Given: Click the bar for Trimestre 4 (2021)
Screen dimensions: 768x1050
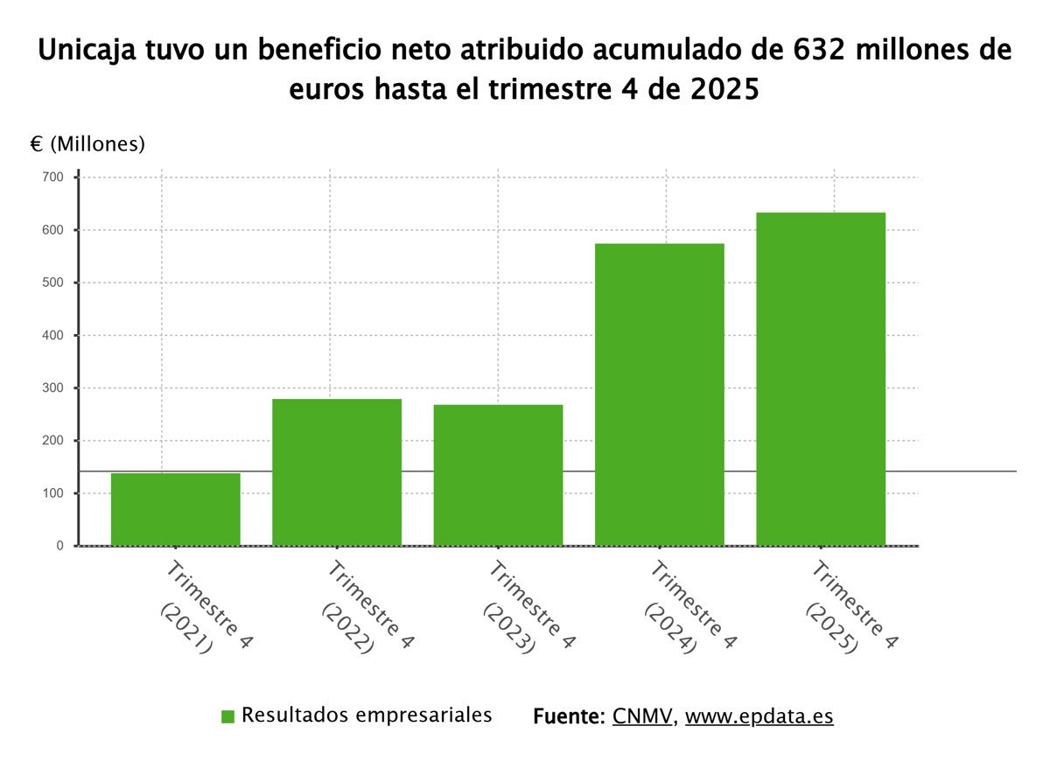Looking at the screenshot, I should tap(176, 509).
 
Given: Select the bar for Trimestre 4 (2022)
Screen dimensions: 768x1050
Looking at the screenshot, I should tap(337, 472).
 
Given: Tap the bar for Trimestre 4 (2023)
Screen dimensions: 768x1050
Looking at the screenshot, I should tap(498, 475).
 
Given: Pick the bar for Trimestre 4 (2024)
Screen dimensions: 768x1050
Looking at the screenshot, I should tap(660, 394).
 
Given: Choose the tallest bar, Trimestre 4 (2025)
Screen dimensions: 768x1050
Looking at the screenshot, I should tap(821, 379).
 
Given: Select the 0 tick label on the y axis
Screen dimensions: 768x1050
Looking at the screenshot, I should tap(59, 546).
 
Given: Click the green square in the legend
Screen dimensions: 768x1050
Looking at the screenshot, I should tap(228, 716).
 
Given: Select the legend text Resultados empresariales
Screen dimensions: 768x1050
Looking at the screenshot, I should tap(367, 715).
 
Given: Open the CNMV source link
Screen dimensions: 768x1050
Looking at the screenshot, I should tap(642, 716).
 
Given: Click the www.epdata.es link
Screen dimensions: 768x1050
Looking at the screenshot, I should tap(759, 716).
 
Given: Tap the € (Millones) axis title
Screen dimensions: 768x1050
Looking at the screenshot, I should tap(80, 144).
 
